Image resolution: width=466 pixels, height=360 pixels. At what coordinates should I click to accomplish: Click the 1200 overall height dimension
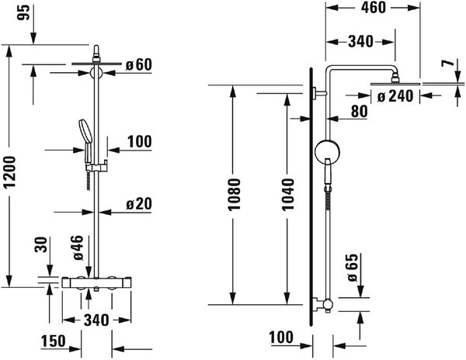coord(10,171)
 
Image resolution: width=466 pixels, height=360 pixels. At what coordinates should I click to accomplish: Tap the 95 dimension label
coord(24,12)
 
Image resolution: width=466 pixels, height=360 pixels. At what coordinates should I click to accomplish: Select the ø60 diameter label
coord(138,64)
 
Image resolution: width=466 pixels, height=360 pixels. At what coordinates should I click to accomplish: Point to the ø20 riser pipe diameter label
coord(139,204)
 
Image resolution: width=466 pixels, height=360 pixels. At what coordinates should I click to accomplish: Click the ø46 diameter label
coord(78,247)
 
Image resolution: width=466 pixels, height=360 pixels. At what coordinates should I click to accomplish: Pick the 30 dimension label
coord(41,244)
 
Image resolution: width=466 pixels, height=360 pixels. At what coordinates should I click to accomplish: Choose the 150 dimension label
coord(53,341)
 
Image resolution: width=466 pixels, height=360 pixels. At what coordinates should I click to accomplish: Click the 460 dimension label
coord(374,8)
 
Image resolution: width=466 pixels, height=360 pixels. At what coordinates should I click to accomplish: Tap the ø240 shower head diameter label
coord(395,96)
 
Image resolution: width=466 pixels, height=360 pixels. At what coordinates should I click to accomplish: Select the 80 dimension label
coord(359,111)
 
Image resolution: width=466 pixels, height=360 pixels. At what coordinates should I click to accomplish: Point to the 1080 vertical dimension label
coord(234,195)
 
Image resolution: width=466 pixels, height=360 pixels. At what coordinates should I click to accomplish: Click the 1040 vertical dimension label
coord(287,195)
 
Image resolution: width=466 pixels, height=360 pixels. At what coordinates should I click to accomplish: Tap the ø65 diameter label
coord(353,268)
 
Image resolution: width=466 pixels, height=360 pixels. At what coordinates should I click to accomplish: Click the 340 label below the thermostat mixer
coord(96,320)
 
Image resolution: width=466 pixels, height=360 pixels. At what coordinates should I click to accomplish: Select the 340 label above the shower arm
coord(360,42)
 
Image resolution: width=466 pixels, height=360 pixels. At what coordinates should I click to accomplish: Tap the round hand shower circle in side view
coord(327,151)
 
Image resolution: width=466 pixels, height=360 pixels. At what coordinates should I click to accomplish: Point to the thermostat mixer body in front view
coord(96,282)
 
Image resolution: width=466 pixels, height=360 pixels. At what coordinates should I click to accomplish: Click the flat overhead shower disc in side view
coord(395,84)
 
